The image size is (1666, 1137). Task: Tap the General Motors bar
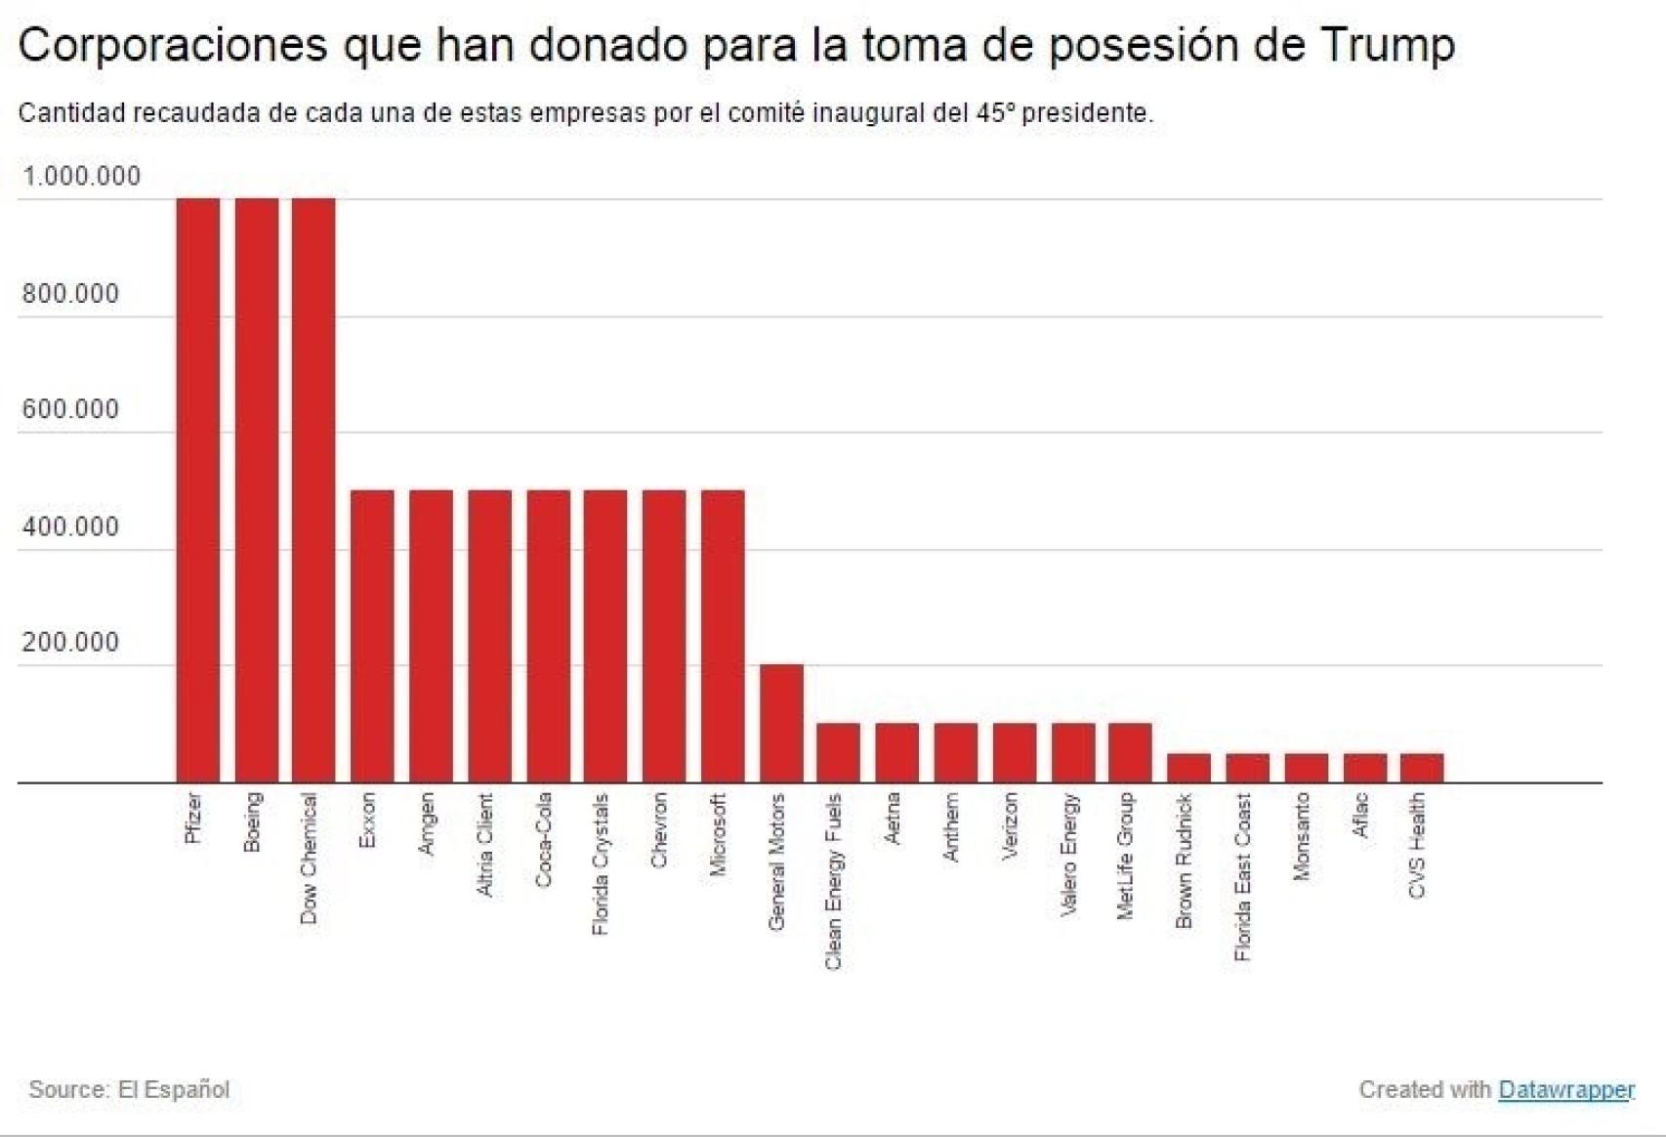tap(781, 724)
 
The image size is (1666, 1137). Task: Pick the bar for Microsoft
tap(723, 636)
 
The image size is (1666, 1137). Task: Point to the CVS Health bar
tap(1422, 768)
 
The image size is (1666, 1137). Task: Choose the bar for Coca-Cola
tap(548, 636)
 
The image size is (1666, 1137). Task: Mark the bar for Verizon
tap(1015, 752)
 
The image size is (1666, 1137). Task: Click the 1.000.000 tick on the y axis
tap(81, 177)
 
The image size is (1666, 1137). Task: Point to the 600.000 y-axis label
tap(70, 409)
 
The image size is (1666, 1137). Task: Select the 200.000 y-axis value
tap(70, 643)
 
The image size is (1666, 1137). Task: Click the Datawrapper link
tap(1565, 1089)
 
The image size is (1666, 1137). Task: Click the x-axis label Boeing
tap(253, 821)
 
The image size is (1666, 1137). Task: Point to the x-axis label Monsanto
tap(1301, 836)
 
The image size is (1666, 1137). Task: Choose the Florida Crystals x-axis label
tap(601, 863)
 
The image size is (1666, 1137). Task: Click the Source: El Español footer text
tap(129, 1089)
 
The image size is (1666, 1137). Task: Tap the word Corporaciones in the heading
tap(172, 45)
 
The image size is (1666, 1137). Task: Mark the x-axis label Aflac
tap(1359, 816)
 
